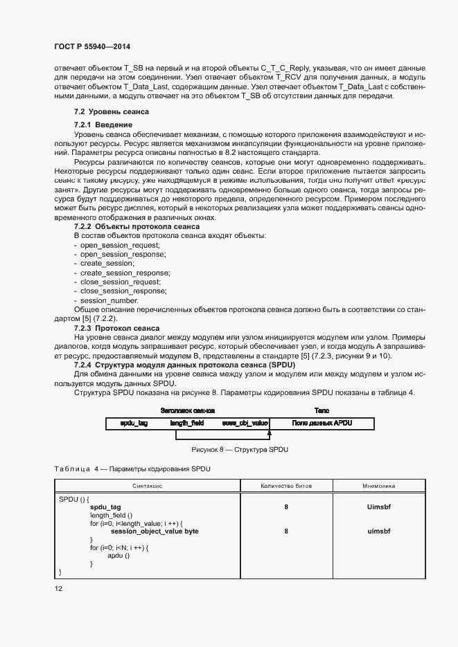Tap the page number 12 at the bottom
(58, 588)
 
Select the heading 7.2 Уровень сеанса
(111, 112)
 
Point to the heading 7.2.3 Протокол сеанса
(116, 328)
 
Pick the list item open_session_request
(120, 246)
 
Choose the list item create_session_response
(125, 273)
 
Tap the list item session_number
(109, 300)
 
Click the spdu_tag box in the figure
(134, 423)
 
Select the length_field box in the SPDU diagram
(186, 423)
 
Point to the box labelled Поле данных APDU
(322, 423)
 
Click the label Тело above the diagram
(322, 410)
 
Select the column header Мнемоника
(378, 486)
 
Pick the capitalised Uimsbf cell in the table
(379, 507)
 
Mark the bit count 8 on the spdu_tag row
(285, 507)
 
